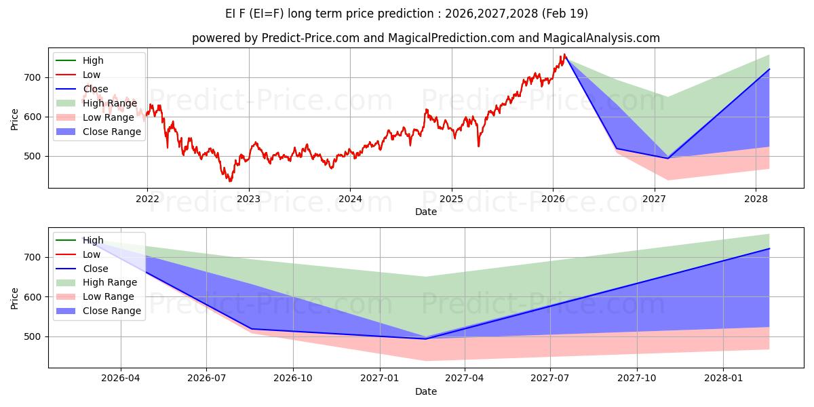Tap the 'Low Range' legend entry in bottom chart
pyautogui.click(x=109, y=296)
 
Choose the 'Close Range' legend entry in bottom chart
pyautogui.click(x=112, y=311)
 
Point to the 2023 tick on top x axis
pyautogui.click(x=248, y=199)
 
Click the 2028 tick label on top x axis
pyautogui.click(x=756, y=199)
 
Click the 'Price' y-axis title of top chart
pyautogui.click(x=15, y=119)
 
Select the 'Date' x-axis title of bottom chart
pyautogui.click(x=425, y=391)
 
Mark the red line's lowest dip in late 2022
pyautogui.click(x=230, y=181)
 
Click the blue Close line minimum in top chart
pyautogui.click(x=667, y=158)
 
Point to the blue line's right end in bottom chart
pyautogui.click(x=769, y=248)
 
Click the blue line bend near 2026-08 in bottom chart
pyautogui.click(x=252, y=329)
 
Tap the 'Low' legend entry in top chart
pyautogui.click(x=92, y=75)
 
